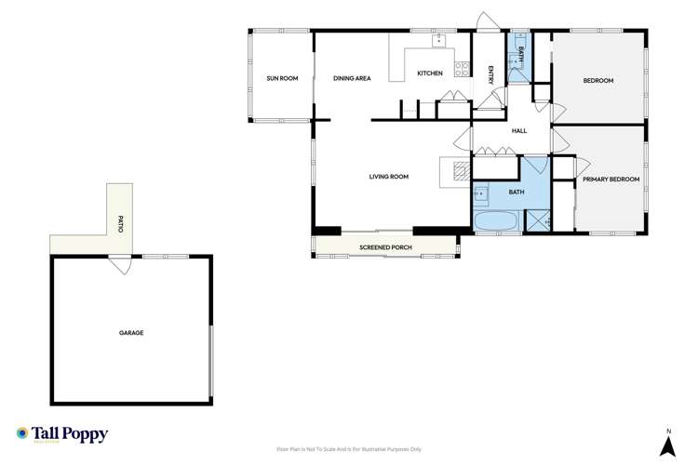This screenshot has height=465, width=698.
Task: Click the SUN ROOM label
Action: click(282, 79)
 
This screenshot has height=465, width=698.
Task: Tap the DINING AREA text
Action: click(352, 79)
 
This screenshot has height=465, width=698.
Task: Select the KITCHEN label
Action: click(429, 73)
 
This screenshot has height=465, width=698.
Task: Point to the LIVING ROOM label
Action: click(389, 177)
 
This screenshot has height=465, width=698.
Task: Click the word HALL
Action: click(519, 131)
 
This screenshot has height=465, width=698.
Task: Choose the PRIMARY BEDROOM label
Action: click(611, 179)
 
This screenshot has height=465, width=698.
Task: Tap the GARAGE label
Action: click(130, 332)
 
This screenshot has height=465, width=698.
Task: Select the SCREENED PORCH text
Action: click(385, 247)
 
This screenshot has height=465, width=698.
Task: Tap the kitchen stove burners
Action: click(460, 67)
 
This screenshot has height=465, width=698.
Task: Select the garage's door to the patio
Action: click(119, 264)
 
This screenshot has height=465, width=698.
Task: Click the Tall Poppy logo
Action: click(62, 434)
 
